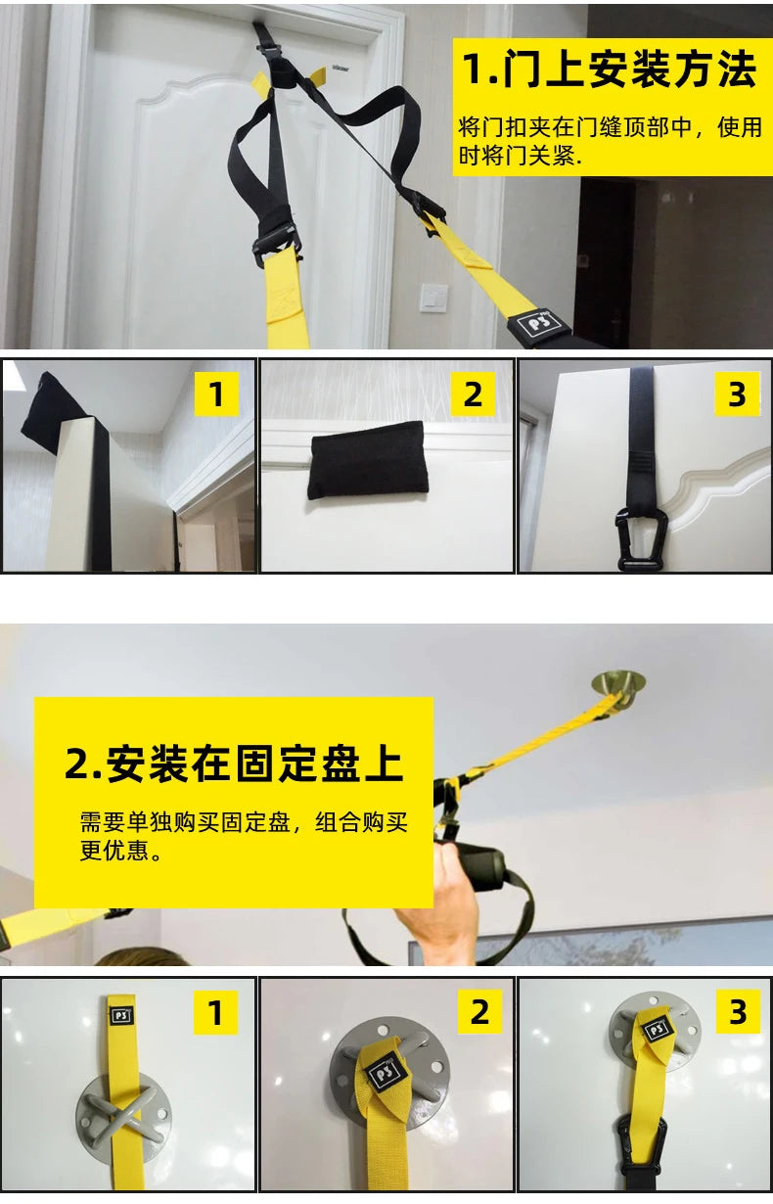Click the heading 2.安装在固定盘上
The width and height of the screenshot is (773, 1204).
(234, 764)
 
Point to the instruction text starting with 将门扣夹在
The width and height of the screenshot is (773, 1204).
(610, 141)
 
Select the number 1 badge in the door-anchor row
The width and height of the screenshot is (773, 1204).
(216, 394)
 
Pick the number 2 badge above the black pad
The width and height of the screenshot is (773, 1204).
(473, 394)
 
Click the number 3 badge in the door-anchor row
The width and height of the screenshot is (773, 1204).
(737, 394)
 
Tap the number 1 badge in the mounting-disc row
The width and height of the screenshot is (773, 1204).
(216, 1013)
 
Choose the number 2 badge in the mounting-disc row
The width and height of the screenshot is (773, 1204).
(478, 1013)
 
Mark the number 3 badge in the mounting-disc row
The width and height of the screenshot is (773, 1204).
(737, 1013)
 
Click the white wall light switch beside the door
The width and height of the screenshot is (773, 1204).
(433, 298)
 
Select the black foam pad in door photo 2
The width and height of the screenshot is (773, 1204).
(367, 459)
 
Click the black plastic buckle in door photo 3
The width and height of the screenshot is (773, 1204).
(642, 537)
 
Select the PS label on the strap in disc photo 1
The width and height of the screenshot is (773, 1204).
(123, 1015)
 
